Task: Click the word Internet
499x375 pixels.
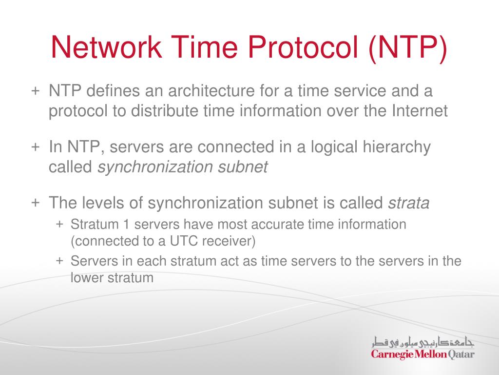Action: [419, 111]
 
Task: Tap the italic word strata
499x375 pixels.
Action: [408, 203]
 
